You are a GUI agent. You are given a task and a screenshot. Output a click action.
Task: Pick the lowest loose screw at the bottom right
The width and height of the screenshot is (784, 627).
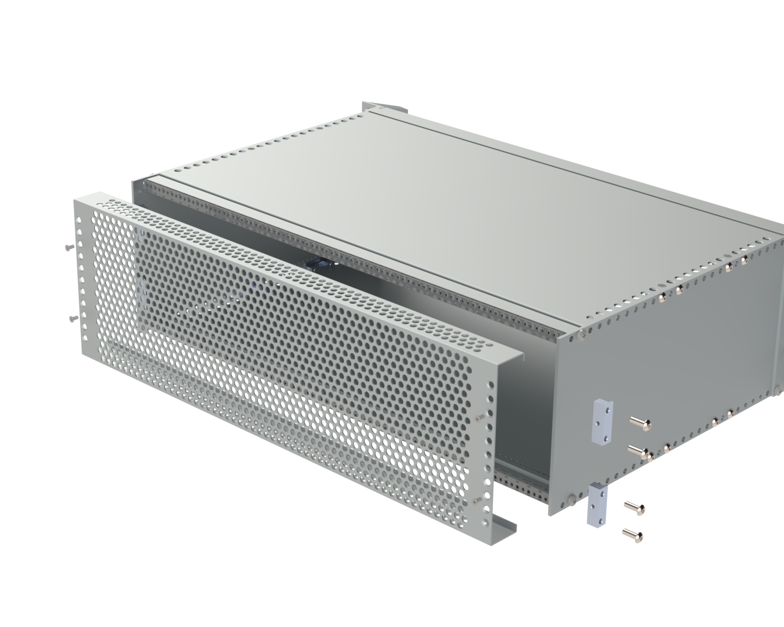[x=633, y=535]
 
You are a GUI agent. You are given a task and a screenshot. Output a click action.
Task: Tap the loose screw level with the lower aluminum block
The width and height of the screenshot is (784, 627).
[x=635, y=506]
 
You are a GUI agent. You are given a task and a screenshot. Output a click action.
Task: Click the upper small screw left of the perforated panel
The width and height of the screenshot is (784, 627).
[x=68, y=247]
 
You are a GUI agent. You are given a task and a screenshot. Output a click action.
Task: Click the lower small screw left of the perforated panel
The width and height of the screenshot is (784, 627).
[x=72, y=318]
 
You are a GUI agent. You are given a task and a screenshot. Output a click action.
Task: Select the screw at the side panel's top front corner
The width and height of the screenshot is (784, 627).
[x=582, y=334]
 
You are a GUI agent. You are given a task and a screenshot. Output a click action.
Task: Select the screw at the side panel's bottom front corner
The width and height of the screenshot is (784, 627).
[x=572, y=499]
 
